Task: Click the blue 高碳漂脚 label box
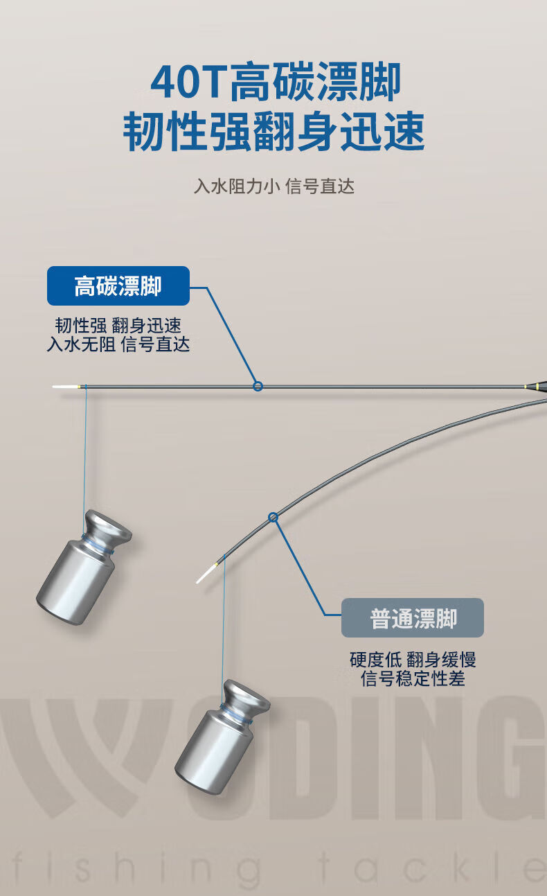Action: coord(118,286)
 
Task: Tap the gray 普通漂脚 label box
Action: coord(413,618)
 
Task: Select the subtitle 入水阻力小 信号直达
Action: coord(273,186)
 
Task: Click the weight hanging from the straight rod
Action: coord(82,568)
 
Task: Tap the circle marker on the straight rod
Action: coord(258,386)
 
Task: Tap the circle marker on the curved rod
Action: coord(273,516)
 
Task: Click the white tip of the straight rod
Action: coord(65,386)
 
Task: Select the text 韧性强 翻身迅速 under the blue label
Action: coord(118,326)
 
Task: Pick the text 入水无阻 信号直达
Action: coord(118,344)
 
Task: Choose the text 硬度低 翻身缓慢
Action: coord(413,660)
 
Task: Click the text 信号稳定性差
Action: coord(413,678)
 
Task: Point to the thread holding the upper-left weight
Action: coord(85,450)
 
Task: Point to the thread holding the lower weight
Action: coord(224,624)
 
